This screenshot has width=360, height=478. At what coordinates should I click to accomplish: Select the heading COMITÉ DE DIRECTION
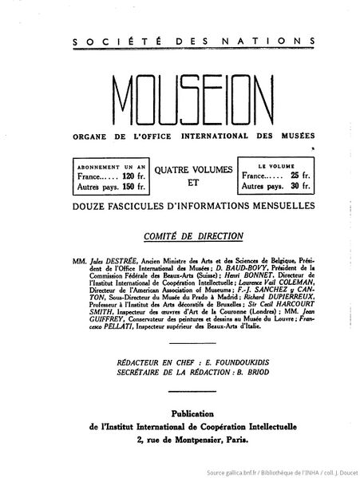coord(181,236)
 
